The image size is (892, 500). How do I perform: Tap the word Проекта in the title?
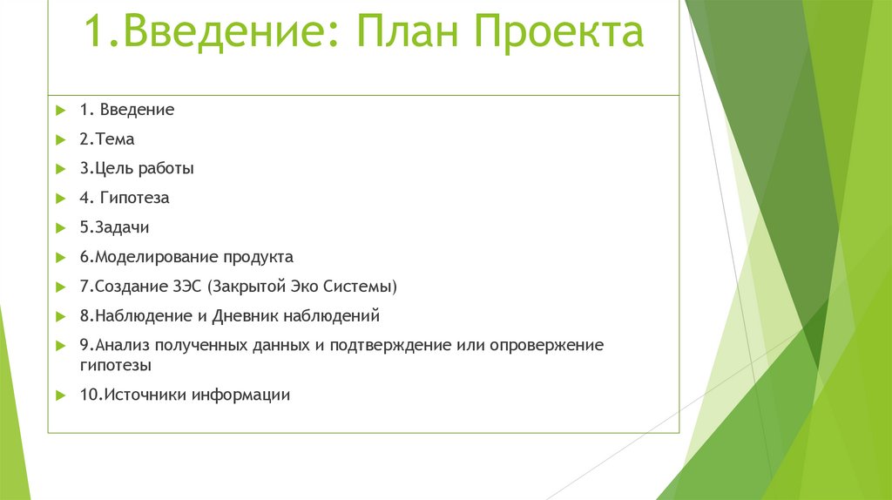(559, 33)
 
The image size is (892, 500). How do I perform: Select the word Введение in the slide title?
(225, 33)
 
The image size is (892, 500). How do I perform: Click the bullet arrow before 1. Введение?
(60, 111)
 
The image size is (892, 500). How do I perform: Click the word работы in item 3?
(166, 169)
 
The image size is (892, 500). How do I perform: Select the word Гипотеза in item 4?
(134, 199)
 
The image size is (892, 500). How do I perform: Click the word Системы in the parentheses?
(364, 287)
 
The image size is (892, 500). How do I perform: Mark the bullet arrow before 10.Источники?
(60, 395)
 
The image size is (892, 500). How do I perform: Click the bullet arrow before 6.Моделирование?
(60, 258)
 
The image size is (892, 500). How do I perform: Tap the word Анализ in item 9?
(122, 346)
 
